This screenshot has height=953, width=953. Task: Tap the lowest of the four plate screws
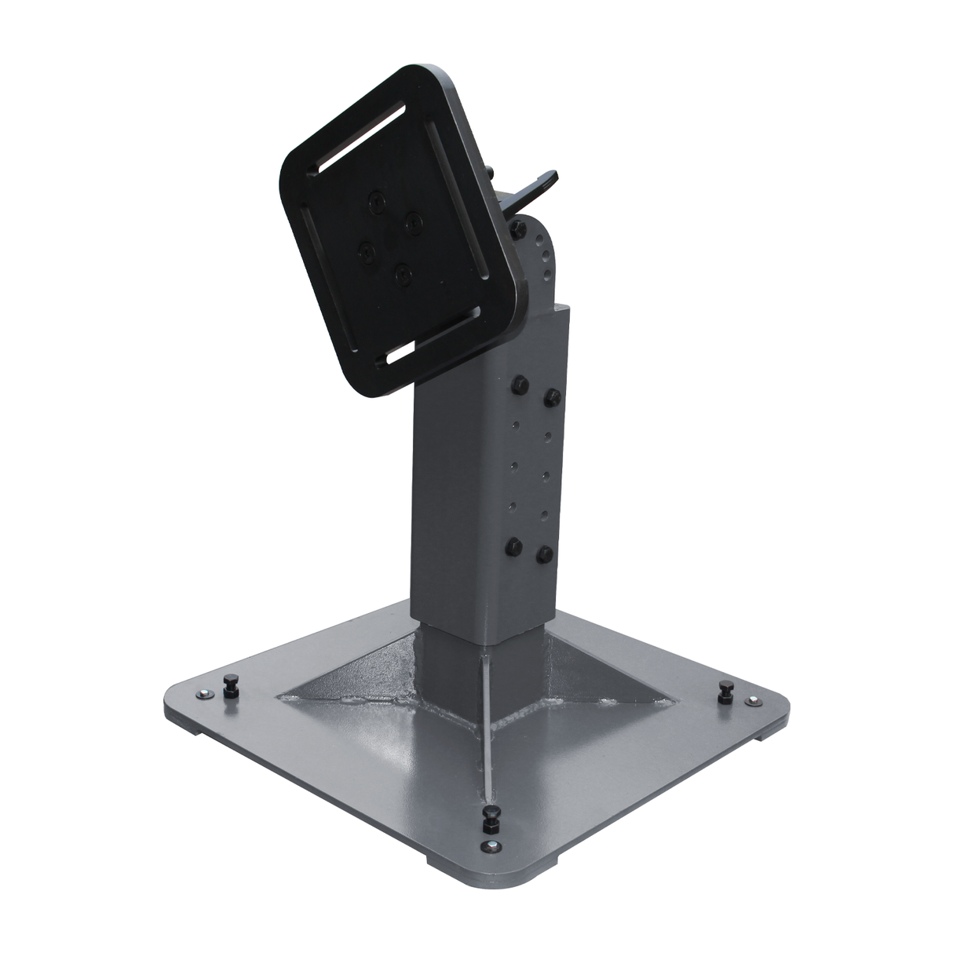coord(403,274)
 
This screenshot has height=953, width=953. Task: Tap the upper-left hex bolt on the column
coord(519,385)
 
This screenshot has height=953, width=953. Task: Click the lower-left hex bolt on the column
coord(515,546)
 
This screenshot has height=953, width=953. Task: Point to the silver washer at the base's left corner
coord(204,692)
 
